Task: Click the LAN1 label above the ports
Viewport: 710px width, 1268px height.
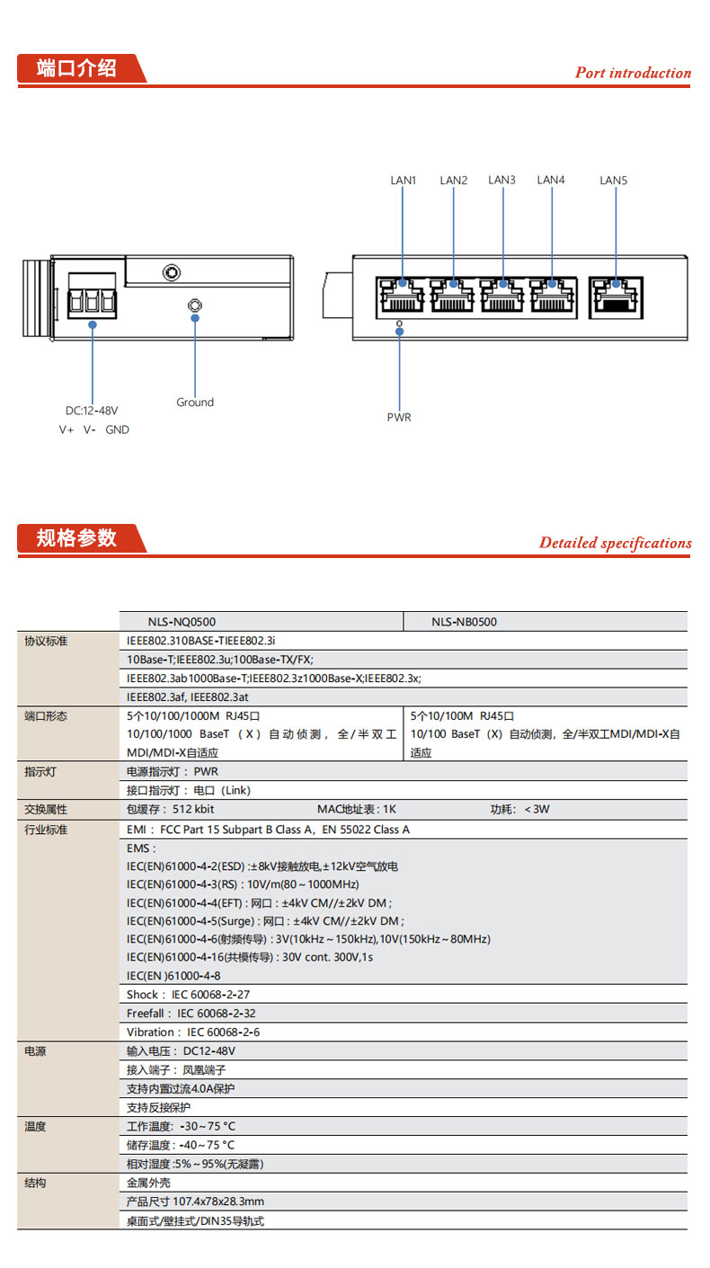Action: click(403, 181)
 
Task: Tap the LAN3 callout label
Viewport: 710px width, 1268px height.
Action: click(501, 180)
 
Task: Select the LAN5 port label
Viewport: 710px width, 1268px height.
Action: click(613, 181)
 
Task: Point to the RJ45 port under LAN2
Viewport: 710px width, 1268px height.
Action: click(453, 294)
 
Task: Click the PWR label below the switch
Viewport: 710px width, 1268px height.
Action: click(399, 417)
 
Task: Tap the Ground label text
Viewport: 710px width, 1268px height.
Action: click(195, 403)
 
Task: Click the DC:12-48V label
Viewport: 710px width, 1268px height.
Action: click(92, 411)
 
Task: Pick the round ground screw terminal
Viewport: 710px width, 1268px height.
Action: click(193, 306)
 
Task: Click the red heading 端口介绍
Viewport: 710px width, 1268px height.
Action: click(77, 68)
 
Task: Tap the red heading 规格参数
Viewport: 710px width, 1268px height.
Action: click(77, 538)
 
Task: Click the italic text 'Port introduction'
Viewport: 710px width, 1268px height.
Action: click(633, 73)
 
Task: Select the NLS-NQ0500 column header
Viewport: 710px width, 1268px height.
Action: click(182, 621)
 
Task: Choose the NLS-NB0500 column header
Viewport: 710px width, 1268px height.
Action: click(464, 621)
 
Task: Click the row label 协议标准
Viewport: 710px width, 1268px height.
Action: click(46, 641)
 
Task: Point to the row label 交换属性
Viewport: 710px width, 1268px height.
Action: click(46, 810)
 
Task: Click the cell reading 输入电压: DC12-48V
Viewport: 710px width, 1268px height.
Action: click(181, 1051)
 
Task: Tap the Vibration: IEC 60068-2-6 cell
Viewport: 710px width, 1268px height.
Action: click(193, 1033)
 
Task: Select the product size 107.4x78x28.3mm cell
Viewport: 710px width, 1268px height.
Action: click(195, 1201)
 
